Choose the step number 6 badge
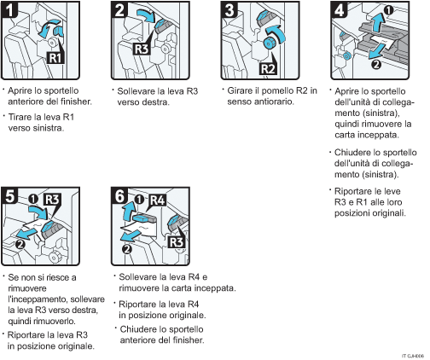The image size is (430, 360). point(121,197)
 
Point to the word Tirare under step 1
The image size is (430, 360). point(23,117)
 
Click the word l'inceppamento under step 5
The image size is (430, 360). point(42,299)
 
